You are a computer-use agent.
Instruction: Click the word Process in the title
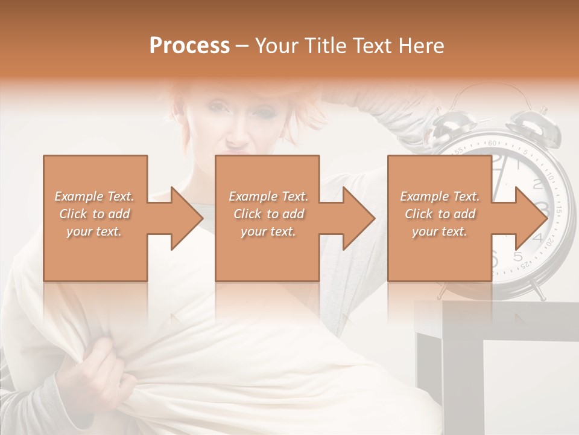(189, 45)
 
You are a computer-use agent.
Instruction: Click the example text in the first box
(94, 214)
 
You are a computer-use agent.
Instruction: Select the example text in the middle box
(268, 214)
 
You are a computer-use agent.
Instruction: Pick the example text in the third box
(440, 214)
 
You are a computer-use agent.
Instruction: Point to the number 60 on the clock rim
(493, 143)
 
